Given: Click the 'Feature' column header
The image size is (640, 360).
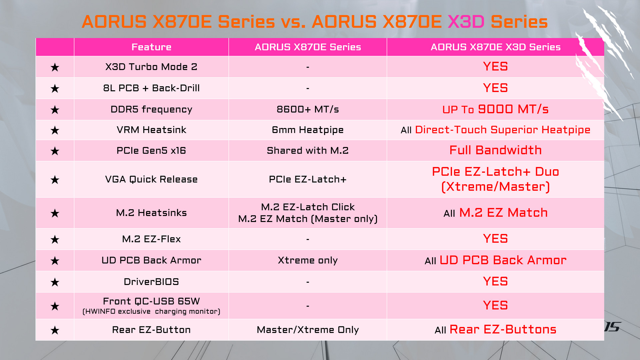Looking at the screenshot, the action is (x=151, y=47).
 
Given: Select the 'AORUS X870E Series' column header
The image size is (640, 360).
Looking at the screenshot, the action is (x=308, y=47).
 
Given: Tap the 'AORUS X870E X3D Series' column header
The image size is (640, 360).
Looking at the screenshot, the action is (x=495, y=47).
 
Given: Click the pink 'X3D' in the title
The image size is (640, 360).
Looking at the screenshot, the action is (x=466, y=22).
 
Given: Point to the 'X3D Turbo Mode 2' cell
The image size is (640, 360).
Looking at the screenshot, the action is (x=151, y=67).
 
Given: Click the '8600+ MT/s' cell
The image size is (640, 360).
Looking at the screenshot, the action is (x=308, y=109).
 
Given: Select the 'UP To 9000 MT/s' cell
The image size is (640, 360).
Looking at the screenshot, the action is (x=495, y=109).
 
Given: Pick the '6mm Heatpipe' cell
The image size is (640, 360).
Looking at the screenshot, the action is (x=308, y=130).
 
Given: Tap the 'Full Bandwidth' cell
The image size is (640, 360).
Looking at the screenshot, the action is (x=495, y=150).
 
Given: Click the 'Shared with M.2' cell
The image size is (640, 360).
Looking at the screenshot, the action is (x=308, y=150).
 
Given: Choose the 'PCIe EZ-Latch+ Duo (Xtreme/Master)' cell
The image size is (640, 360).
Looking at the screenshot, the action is (x=495, y=179).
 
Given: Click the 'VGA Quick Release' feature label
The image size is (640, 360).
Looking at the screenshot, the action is (x=151, y=179).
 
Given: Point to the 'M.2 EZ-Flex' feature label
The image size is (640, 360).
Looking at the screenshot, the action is (x=151, y=239).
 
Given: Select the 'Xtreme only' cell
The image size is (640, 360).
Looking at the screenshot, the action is (x=308, y=260).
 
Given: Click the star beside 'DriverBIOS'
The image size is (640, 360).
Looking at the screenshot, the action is (x=55, y=282).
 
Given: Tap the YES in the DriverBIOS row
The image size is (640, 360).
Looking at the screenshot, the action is (x=495, y=281).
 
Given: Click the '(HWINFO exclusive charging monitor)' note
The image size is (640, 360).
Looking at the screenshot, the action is (x=151, y=311).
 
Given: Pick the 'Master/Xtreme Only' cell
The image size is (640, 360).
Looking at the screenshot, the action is (x=308, y=330).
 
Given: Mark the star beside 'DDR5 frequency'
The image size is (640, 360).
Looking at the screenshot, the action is (x=55, y=110).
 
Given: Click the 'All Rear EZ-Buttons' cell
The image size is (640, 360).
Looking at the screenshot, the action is (x=495, y=329).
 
